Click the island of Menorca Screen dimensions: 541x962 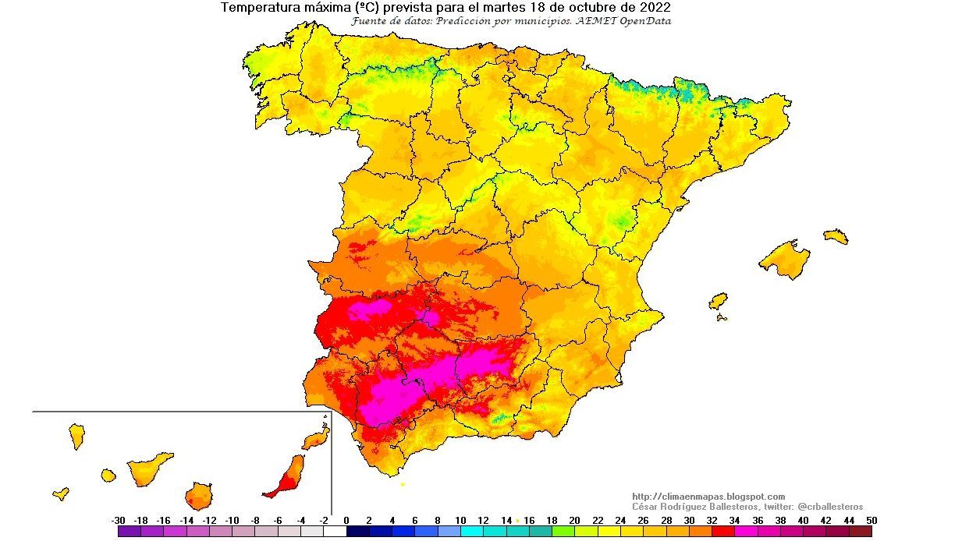(x=835, y=235)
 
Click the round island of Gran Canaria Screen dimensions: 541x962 (x=199, y=496)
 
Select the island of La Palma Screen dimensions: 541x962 (x=76, y=436)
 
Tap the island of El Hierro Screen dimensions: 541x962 (x=61, y=493)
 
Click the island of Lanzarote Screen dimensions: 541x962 (x=316, y=440)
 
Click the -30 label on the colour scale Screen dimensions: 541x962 (x=119, y=521)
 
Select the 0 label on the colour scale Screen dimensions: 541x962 (x=346, y=521)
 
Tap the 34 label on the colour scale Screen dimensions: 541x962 (x=734, y=521)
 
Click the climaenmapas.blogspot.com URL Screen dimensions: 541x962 (x=708, y=497)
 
